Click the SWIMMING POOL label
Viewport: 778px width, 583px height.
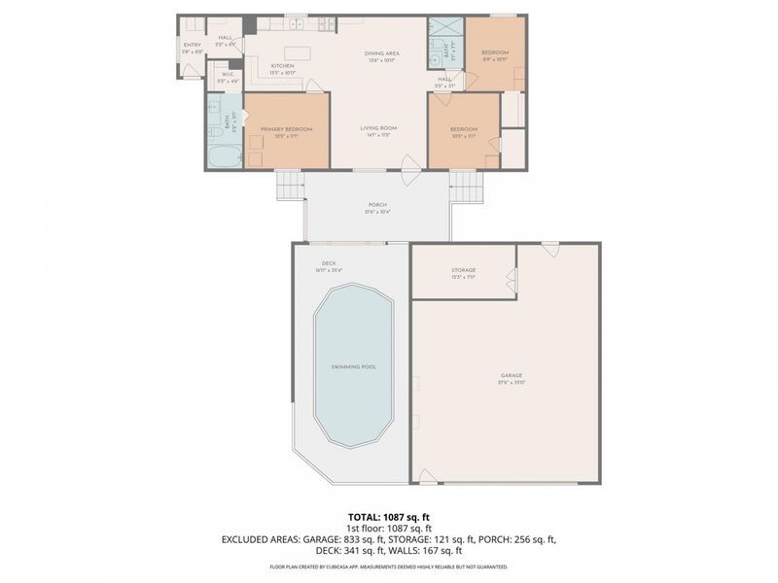353,366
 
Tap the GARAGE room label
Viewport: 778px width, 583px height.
512,375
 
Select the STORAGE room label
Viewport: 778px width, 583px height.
463,270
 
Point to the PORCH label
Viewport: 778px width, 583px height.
376,205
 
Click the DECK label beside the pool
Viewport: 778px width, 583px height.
329,263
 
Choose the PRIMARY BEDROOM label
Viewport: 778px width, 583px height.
286,129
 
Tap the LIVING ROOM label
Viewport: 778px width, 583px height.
378,128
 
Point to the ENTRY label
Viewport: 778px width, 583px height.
191,45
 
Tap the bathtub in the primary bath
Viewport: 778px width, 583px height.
223,156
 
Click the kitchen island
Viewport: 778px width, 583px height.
297,52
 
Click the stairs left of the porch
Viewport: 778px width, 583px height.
289,185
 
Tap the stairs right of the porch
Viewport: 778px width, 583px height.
466,185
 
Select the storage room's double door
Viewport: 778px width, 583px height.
511,282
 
